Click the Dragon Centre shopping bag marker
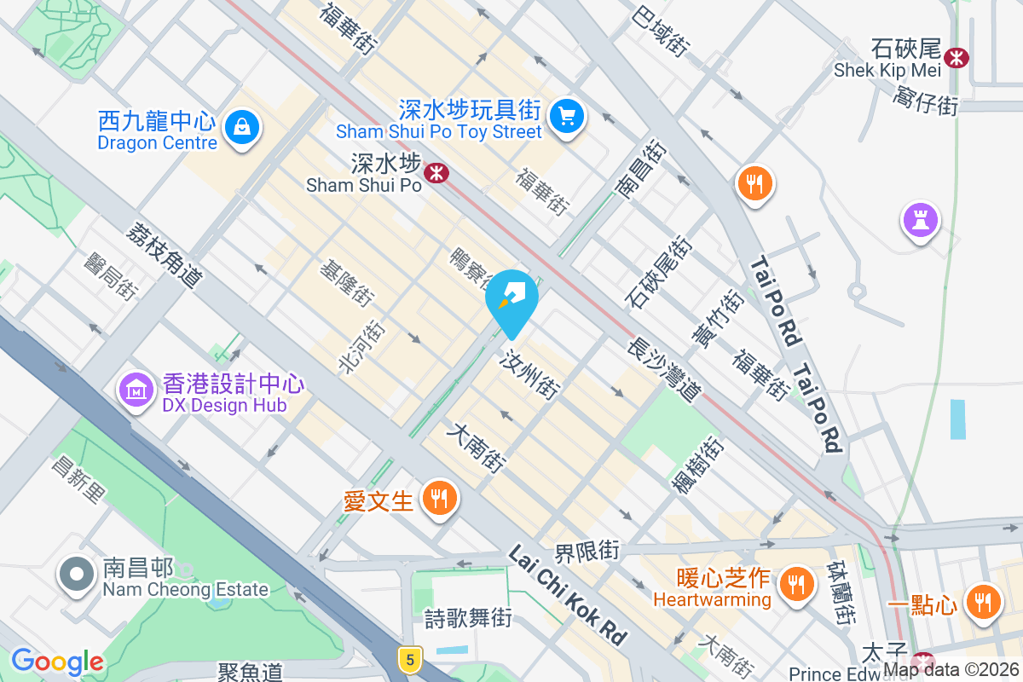(x=242, y=129)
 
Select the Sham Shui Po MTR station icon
(x=437, y=173)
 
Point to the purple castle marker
(x=920, y=219)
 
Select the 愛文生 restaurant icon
(x=440, y=499)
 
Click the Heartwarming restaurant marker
(x=796, y=585)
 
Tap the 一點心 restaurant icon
(x=984, y=602)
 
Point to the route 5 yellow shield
(x=410, y=659)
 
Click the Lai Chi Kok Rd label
(x=567, y=594)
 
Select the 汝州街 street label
(x=533, y=373)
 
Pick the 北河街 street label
(x=358, y=347)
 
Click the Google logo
(x=57, y=662)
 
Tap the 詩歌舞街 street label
(x=468, y=617)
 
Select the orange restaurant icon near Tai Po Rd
(x=754, y=182)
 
